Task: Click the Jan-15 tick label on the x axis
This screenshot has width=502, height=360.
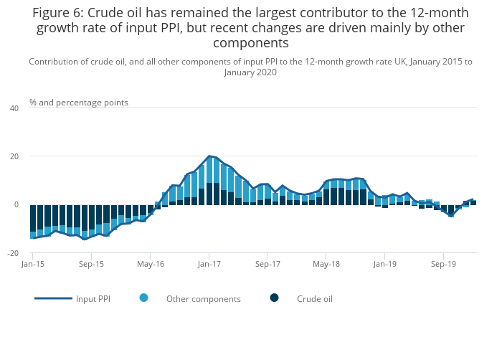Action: tap(32, 264)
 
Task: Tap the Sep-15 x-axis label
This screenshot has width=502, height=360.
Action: tap(91, 264)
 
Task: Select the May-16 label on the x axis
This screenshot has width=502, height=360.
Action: tap(150, 264)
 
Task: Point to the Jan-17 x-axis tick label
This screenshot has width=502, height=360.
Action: tap(209, 264)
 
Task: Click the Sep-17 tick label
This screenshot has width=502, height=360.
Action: tap(267, 264)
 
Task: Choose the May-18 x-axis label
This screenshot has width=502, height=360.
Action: tap(326, 264)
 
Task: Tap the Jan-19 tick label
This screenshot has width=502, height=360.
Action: tap(385, 264)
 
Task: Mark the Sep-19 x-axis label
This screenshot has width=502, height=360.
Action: tap(443, 264)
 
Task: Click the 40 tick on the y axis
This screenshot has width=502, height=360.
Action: tap(14, 108)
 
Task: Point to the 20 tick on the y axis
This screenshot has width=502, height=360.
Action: tap(14, 156)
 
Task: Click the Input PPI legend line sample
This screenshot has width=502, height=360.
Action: tap(53, 298)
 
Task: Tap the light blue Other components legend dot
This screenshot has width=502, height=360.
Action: tap(144, 298)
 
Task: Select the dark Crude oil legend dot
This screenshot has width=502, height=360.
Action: tap(274, 298)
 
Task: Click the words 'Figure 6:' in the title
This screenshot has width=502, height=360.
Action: tap(57, 13)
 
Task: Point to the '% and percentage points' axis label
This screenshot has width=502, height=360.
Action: tap(79, 103)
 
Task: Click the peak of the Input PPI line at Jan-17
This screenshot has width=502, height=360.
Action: tap(209, 156)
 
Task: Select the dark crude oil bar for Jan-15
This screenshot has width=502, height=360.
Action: tap(33, 218)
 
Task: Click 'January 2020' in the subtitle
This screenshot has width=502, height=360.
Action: tap(250, 72)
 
